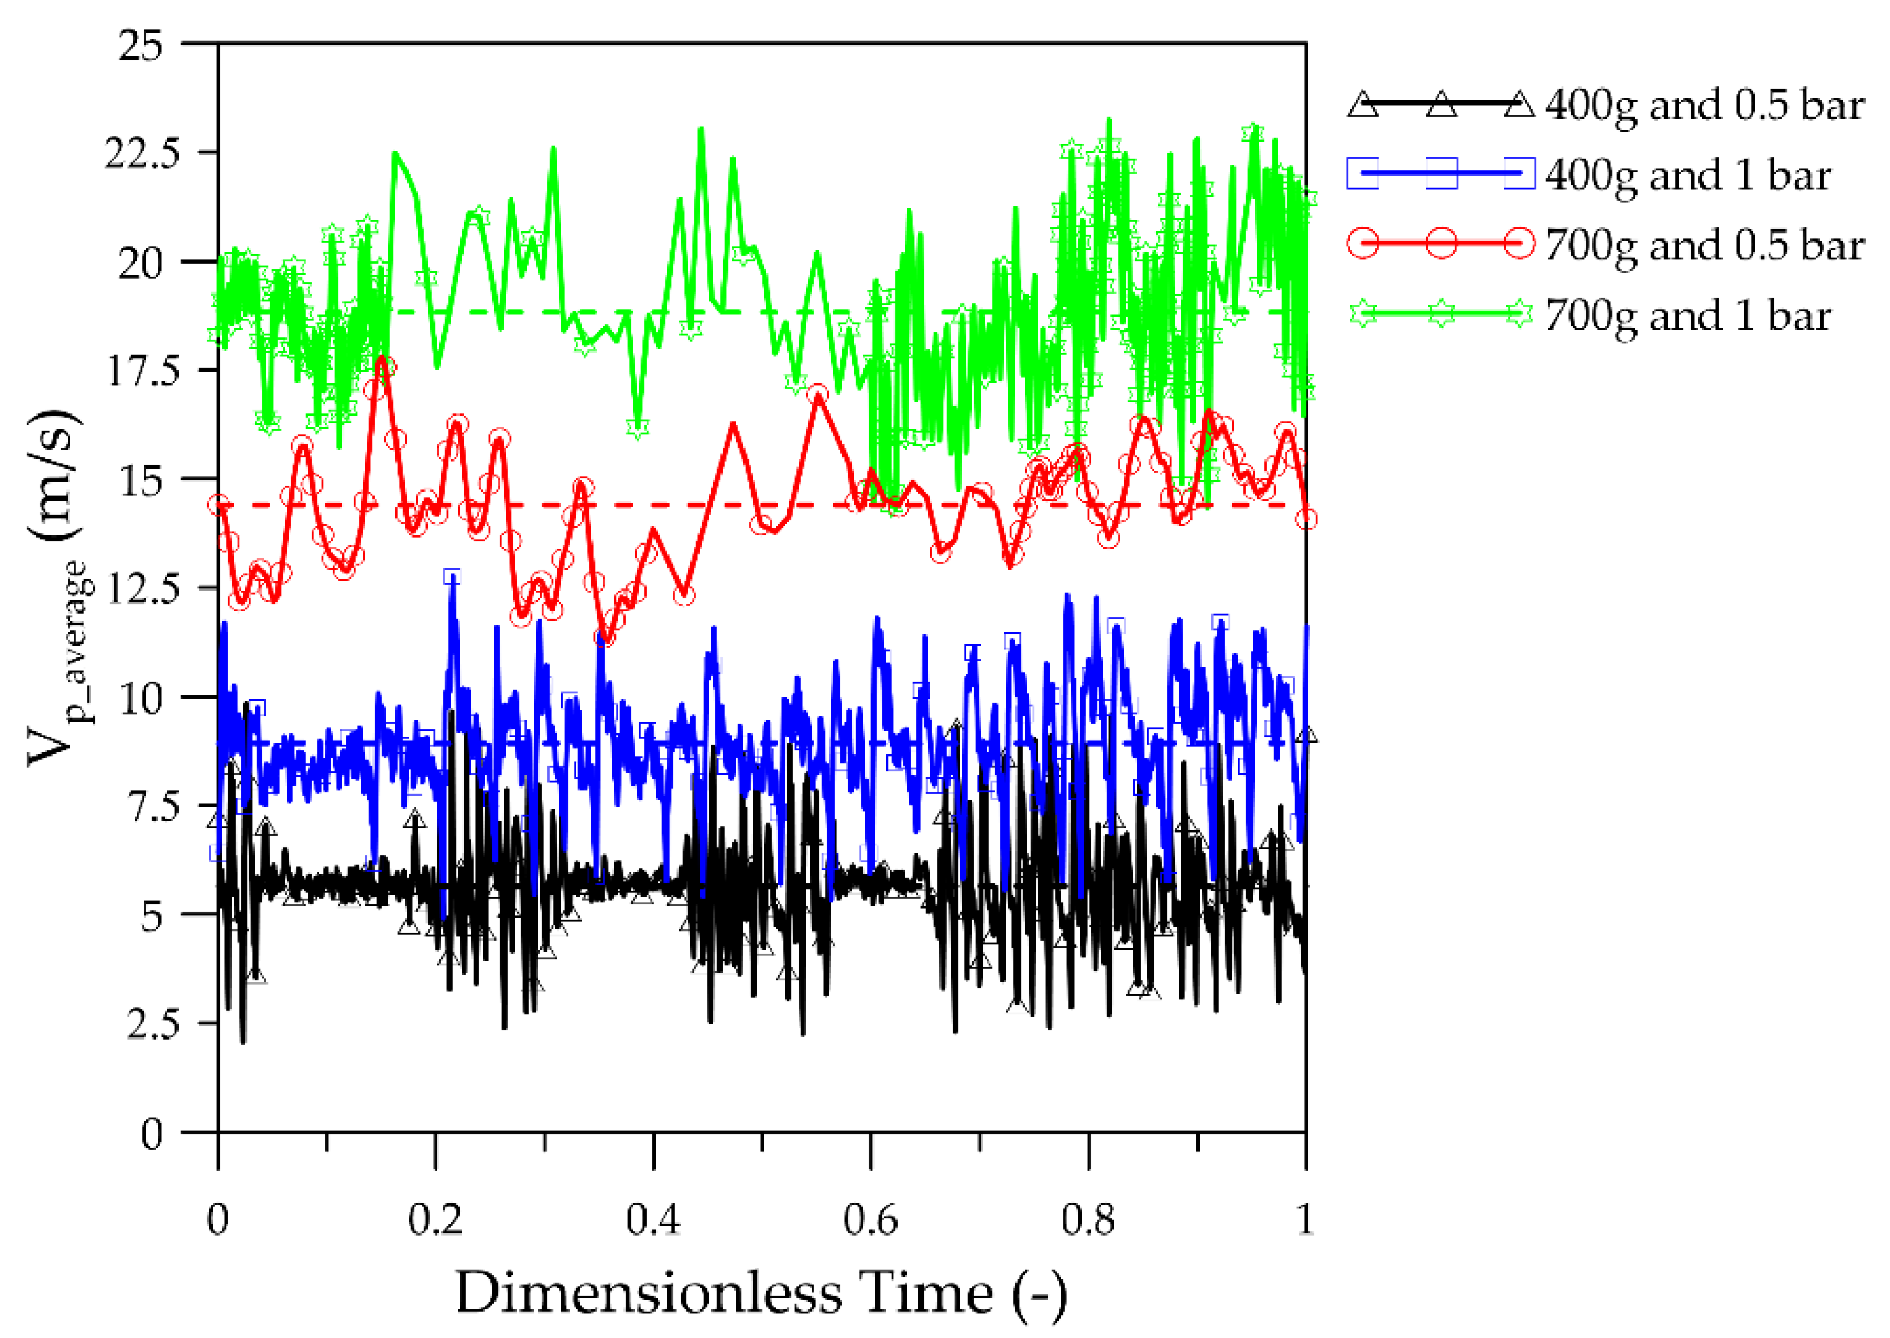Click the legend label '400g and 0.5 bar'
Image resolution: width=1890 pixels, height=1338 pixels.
pyautogui.click(x=1704, y=106)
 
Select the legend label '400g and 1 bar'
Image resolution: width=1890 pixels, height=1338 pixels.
pyautogui.click(x=1687, y=176)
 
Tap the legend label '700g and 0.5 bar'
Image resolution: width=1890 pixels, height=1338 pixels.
pyautogui.click(x=1704, y=245)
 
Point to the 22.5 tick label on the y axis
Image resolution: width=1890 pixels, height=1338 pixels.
pyautogui.click(x=141, y=153)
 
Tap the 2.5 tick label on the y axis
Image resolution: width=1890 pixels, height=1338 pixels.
pyautogui.click(x=153, y=1024)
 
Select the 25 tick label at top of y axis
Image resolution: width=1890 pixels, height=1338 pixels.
pyautogui.click(x=141, y=45)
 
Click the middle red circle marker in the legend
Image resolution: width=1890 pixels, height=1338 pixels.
pyautogui.click(x=1441, y=244)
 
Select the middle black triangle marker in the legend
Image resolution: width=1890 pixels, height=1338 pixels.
pyautogui.click(x=1441, y=105)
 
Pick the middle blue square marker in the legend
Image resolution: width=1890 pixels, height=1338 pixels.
pyautogui.click(x=1441, y=174)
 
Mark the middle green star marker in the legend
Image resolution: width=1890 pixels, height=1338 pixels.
pyautogui.click(x=1441, y=314)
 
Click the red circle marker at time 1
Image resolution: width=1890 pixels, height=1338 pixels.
pyautogui.click(x=1306, y=518)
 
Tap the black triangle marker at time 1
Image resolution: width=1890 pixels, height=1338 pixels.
pyautogui.click(x=1306, y=735)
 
